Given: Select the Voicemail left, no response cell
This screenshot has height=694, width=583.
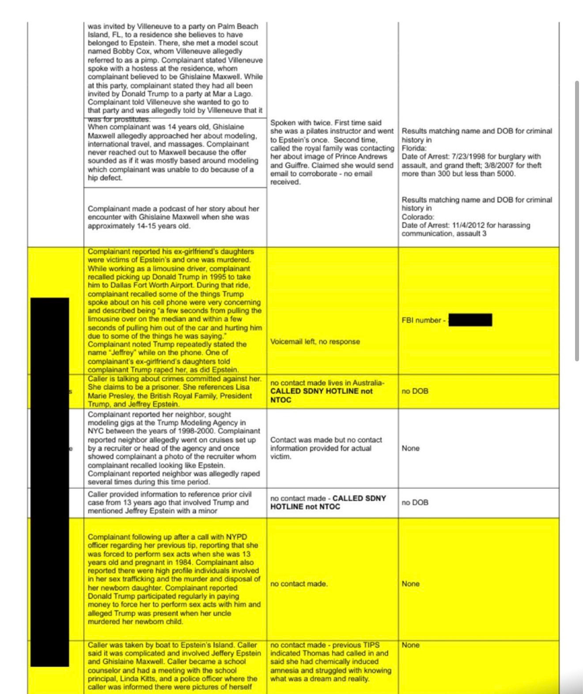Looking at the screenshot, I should tap(315, 341).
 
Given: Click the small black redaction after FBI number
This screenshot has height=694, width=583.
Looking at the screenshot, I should tap(470, 320).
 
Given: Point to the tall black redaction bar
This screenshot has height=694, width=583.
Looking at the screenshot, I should tap(49, 481).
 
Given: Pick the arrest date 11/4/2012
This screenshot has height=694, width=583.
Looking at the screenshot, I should tap(469, 225).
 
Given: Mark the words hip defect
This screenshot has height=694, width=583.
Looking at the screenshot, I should tap(105, 178).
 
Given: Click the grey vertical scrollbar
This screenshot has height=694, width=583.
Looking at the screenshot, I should tap(577, 221).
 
